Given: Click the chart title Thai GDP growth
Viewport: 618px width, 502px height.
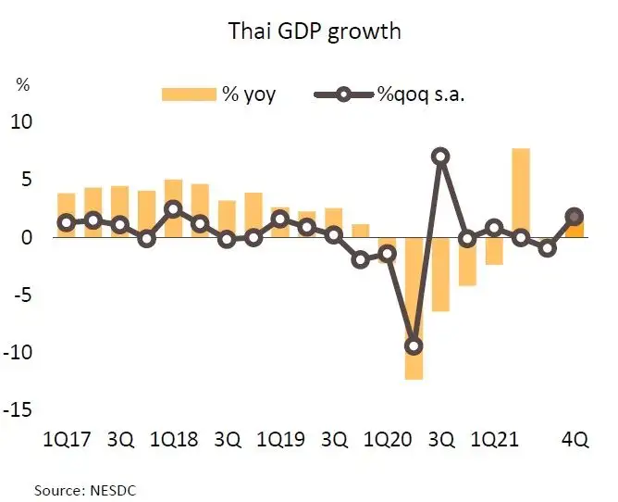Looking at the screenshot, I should click(315, 31).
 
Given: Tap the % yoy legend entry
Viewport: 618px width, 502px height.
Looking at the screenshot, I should click(218, 94).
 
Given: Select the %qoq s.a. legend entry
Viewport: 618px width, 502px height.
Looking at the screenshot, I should click(388, 94).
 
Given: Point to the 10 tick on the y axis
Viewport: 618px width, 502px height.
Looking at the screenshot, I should click(21, 122).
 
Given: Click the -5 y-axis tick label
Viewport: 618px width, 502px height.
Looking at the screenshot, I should click(22, 295).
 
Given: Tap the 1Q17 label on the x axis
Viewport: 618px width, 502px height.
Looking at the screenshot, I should click(68, 439).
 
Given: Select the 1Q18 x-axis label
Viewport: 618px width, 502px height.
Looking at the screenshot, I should click(174, 439).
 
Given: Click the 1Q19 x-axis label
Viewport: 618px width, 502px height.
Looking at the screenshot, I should click(281, 439).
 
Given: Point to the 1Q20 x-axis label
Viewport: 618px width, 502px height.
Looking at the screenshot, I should click(388, 439).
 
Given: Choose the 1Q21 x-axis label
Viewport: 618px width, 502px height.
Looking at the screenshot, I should click(494, 439).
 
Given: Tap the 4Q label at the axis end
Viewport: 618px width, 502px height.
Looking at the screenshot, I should click(575, 439).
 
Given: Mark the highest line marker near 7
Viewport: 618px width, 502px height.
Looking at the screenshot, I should click(441, 157).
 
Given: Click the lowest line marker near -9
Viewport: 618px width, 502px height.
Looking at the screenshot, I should click(414, 345).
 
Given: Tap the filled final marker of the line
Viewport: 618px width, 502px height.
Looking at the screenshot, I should click(574, 216).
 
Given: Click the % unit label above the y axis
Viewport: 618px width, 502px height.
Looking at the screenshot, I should click(23, 85).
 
